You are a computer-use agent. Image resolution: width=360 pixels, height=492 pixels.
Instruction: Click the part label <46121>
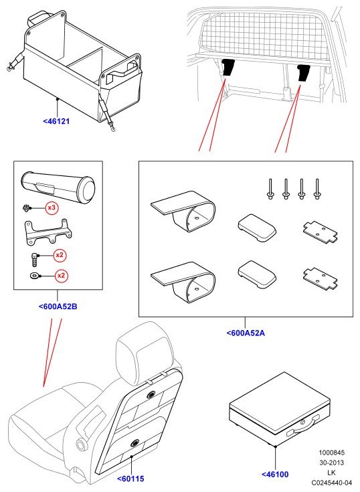coord(56,121)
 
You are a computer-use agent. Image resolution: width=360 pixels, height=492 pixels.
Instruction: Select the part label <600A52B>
coord(58,307)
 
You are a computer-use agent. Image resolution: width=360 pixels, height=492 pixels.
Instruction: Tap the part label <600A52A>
coord(246,333)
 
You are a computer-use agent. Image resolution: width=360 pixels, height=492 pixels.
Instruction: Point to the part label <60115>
coord(130,479)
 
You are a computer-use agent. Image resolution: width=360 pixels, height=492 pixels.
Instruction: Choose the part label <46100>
coord(275,475)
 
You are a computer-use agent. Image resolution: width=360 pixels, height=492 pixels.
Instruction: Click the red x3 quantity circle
coord(52,208)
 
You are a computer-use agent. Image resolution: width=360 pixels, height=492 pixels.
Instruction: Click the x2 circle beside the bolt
coord(60,256)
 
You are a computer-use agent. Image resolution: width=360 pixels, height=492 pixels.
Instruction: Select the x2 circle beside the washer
coord(61,276)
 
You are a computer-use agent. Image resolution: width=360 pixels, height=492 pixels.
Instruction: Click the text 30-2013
coord(331,463)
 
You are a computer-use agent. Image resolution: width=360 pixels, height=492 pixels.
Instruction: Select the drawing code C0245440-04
coord(332,483)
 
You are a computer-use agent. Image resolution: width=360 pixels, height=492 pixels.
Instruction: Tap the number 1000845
coord(331,453)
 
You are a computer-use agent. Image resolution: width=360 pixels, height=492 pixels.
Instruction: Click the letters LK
coord(331,473)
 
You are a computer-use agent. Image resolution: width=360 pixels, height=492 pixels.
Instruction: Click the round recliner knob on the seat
coord(81,444)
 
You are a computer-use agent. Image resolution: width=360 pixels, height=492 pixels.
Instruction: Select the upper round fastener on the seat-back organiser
coord(151,395)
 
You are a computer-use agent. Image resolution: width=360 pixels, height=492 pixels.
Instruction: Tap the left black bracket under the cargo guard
coord(228,67)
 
